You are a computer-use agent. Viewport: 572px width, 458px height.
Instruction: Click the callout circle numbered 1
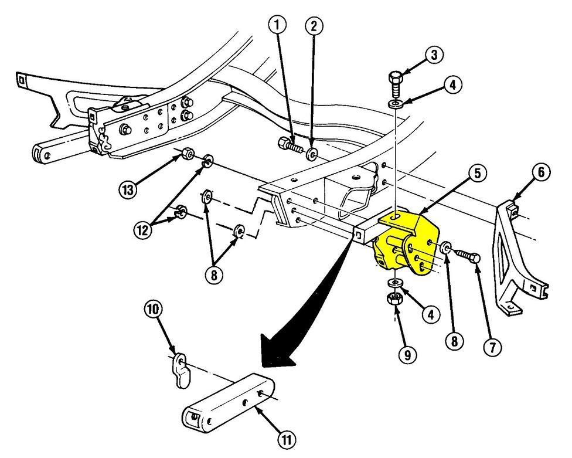point(278,25)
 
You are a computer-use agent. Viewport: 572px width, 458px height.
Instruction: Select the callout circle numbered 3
point(434,56)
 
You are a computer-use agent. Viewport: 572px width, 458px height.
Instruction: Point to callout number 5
point(478,174)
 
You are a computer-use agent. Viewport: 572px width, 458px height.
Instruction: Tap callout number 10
point(154,309)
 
